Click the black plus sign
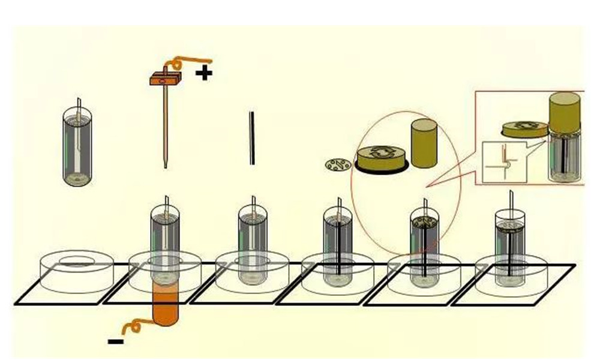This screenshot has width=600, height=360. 205,74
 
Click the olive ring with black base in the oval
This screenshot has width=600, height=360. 382,158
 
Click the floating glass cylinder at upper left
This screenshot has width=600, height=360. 78,145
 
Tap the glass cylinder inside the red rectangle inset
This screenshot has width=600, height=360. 565,157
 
